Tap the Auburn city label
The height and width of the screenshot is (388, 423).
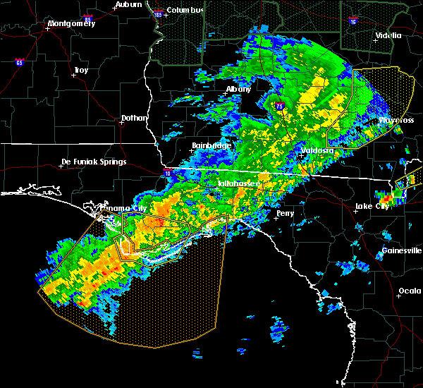[x=129, y=4]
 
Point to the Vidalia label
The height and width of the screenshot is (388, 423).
[x=388, y=35]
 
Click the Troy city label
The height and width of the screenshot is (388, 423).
[x=81, y=70]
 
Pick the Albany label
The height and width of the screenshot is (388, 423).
[x=238, y=90]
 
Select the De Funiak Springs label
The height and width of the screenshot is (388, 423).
[x=94, y=162]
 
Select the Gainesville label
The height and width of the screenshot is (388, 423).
[x=401, y=250]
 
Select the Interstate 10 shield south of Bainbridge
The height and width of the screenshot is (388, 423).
[x=167, y=172]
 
